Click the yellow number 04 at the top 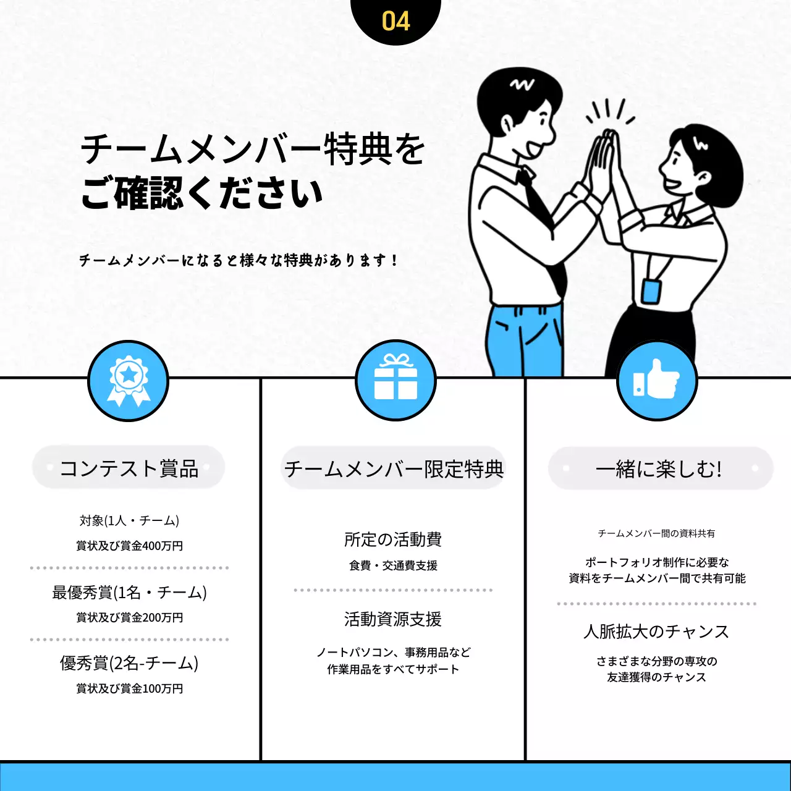[395, 21]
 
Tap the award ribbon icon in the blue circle [129, 380]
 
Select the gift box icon [395, 379]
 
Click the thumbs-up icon [656, 380]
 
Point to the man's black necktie [544, 222]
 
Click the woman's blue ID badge [650, 290]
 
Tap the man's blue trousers [525, 340]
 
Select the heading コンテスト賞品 [129, 468]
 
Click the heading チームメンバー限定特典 [394, 469]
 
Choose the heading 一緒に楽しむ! [659, 469]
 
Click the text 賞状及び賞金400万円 [129, 546]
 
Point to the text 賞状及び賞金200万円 [129, 617]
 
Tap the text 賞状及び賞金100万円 [129, 688]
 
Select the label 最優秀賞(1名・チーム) [129, 593]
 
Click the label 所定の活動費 [393, 539]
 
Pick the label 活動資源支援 [393, 619]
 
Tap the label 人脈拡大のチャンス [656, 632]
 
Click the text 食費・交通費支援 [393, 565]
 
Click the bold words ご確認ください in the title [202, 193]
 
